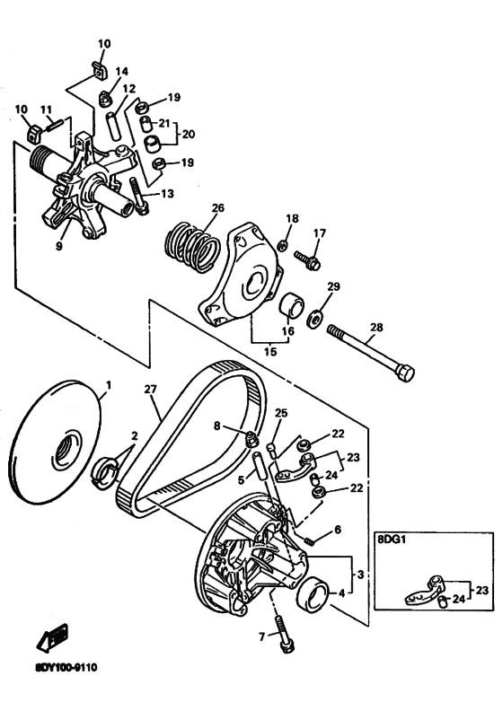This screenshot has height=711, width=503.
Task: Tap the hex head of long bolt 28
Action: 404,373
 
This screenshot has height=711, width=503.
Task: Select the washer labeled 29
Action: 314,319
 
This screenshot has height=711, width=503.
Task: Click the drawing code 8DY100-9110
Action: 66,668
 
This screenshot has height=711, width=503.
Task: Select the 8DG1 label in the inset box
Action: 390,540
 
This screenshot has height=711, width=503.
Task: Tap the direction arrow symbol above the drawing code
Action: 53,636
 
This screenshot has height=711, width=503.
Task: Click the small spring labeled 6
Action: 309,541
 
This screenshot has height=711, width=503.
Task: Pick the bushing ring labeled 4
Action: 313,594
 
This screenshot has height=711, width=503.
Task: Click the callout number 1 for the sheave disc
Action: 109,385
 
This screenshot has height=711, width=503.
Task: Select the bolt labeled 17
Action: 308,259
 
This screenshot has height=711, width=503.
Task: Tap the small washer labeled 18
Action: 282,245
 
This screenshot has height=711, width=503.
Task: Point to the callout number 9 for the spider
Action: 58,246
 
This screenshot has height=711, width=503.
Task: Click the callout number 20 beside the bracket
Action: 189,135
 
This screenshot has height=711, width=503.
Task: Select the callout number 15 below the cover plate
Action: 270,352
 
